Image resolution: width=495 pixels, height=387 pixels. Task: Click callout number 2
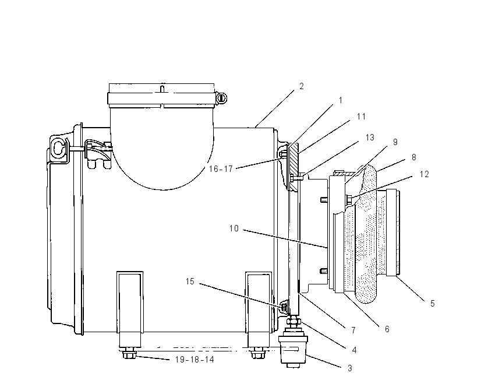(x=302, y=86)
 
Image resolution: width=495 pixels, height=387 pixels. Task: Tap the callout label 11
(x=361, y=117)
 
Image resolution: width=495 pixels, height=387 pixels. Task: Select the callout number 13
(x=370, y=138)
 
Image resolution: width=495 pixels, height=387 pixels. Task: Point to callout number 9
(x=395, y=142)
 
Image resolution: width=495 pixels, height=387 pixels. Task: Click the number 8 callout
(x=413, y=157)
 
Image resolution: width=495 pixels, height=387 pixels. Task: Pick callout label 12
(x=425, y=174)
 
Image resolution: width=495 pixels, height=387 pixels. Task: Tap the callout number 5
(x=433, y=304)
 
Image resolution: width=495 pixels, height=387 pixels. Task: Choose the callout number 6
(x=387, y=329)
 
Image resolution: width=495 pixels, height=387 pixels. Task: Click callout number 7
(x=353, y=330)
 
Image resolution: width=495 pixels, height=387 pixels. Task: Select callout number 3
(x=350, y=368)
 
